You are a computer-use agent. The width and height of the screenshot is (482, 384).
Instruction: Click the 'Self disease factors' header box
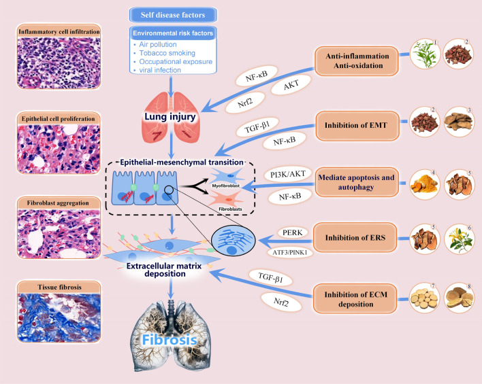[173, 15]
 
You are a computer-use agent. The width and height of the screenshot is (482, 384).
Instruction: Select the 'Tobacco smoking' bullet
[167, 53]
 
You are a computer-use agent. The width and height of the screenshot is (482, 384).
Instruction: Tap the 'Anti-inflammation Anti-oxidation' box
[357, 60]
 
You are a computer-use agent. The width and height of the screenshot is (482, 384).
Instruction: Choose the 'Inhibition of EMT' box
[357, 126]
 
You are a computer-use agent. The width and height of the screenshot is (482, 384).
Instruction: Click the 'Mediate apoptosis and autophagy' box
[356, 182]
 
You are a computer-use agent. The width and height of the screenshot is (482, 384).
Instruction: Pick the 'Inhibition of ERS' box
[355, 238]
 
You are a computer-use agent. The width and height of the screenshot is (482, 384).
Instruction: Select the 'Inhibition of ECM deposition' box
[355, 299]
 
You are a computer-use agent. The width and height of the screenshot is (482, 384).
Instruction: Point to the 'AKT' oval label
[291, 85]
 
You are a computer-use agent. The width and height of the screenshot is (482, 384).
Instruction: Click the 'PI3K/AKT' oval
[288, 175]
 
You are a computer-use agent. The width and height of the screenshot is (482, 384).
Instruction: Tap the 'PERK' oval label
[293, 232]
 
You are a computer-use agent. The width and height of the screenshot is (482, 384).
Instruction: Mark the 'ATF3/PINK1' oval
[290, 253]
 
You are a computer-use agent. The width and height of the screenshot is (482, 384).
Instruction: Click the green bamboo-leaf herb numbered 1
[425, 54]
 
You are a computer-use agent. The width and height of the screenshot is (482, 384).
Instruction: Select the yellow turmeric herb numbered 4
[425, 184]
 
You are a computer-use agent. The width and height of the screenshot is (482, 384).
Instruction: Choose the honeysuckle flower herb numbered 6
[460, 239]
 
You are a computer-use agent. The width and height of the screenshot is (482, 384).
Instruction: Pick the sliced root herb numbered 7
[425, 298]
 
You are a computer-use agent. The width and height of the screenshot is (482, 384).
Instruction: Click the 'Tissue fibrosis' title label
[60, 287]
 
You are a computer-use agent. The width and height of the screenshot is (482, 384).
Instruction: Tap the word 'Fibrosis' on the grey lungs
[170, 340]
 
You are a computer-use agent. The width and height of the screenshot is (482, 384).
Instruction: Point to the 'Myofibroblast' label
[226, 186]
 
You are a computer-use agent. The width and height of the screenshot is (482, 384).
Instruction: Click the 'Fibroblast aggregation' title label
[58, 203]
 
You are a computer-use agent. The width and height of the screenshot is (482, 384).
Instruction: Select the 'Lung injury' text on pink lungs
[170, 117]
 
